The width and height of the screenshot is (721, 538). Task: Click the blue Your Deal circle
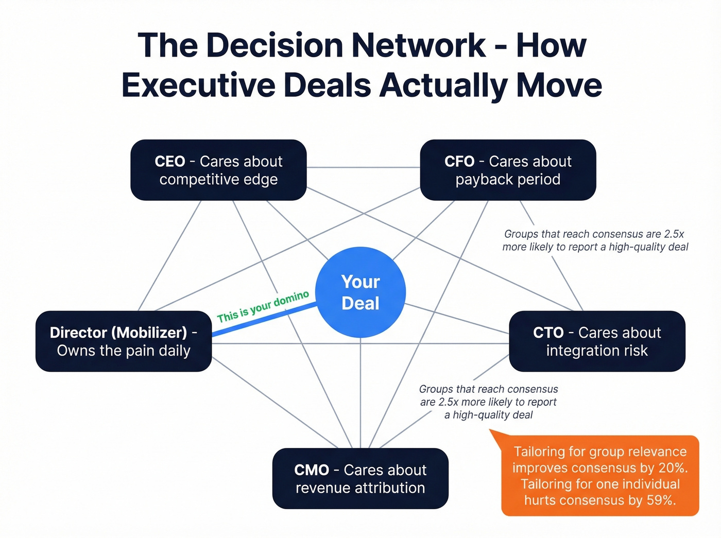(360, 292)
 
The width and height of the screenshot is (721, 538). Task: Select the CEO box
(218, 170)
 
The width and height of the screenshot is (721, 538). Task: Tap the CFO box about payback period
(508, 170)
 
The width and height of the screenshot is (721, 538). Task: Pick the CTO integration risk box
(597, 341)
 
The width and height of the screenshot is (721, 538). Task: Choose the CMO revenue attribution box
(360, 478)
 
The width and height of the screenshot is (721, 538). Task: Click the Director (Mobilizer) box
(124, 341)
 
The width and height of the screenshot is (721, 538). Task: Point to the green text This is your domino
(263, 306)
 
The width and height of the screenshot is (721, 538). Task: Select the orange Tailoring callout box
(600, 476)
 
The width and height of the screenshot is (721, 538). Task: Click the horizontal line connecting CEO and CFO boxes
(363, 167)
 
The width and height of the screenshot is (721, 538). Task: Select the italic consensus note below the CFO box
(595, 240)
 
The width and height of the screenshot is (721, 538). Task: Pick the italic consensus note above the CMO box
(488, 402)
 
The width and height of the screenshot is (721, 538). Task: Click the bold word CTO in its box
(548, 333)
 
